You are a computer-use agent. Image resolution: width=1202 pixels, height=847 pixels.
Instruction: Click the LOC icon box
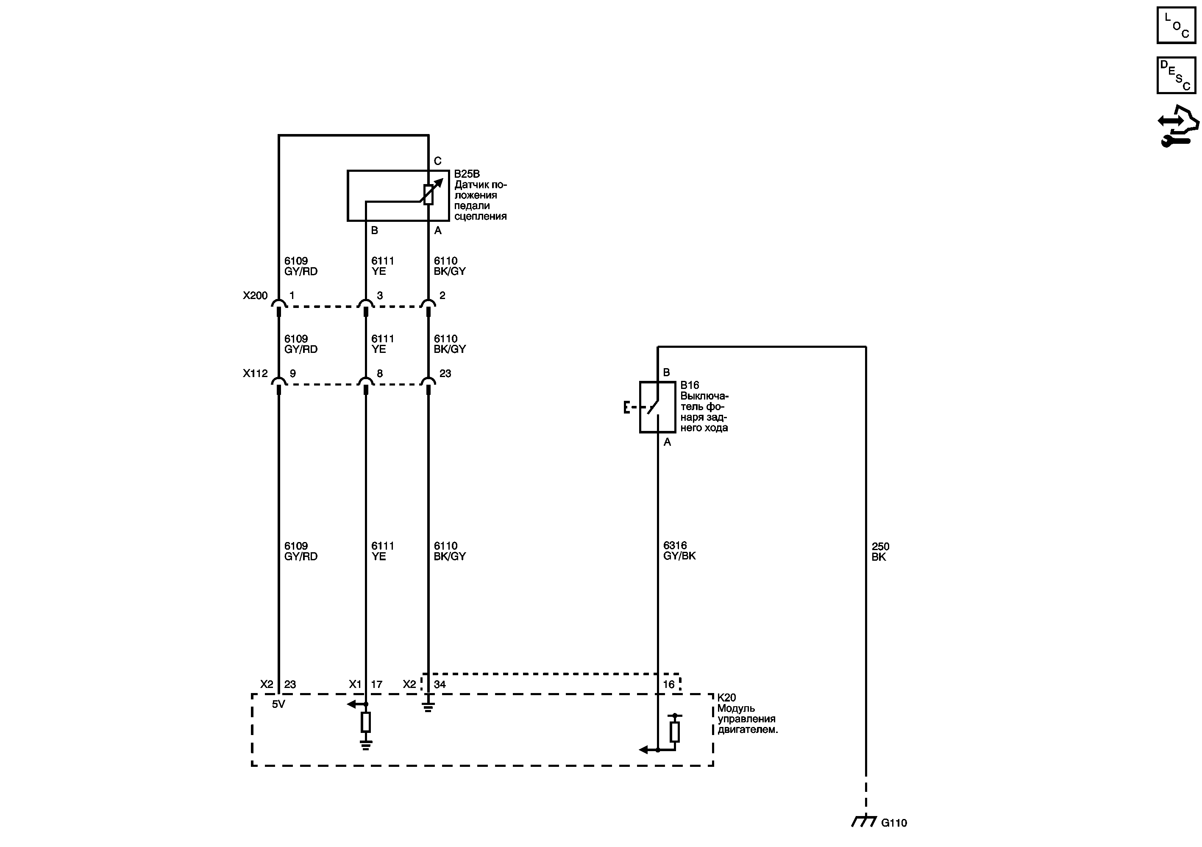click(1176, 25)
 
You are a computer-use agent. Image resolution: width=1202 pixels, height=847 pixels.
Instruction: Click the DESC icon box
click(1176, 75)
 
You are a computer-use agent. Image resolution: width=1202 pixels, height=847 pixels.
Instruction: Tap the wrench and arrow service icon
click(1177, 126)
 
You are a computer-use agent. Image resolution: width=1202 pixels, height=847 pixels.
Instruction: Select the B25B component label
click(467, 174)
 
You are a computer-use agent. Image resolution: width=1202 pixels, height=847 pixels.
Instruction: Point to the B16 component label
click(690, 386)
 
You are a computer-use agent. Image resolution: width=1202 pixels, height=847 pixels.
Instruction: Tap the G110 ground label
click(893, 823)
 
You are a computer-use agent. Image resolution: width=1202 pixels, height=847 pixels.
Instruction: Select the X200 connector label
click(255, 296)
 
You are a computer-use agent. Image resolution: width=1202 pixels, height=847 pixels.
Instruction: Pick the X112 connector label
click(255, 374)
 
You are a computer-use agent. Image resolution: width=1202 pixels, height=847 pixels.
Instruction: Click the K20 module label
click(726, 698)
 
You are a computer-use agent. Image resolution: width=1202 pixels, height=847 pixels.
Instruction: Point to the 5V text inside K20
click(278, 704)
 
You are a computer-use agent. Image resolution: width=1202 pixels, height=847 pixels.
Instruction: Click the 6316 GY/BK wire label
click(679, 551)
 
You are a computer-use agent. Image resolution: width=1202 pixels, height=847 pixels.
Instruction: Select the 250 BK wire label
click(880, 551)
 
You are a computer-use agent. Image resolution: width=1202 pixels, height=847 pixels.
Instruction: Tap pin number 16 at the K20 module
click(668, 684)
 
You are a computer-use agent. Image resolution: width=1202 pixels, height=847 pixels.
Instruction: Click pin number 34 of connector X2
click(440, 684)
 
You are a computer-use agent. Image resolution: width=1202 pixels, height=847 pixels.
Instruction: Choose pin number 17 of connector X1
click(376, 684)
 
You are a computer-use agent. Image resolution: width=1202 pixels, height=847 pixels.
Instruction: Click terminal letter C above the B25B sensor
click(438, 161)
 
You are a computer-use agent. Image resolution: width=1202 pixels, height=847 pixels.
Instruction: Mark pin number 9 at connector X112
click(292, 374)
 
